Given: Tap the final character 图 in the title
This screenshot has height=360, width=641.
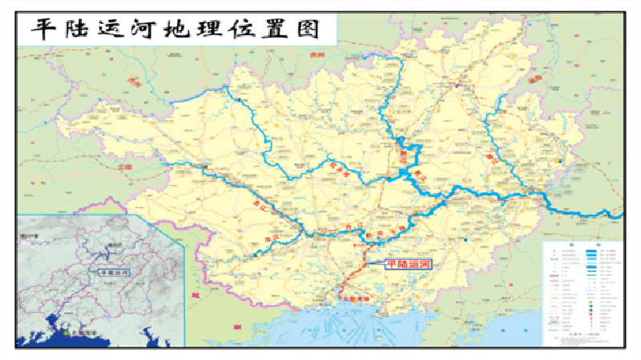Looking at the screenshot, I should tap(321, 30).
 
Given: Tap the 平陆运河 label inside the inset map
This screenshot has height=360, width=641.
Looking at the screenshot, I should tap(114, 273).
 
